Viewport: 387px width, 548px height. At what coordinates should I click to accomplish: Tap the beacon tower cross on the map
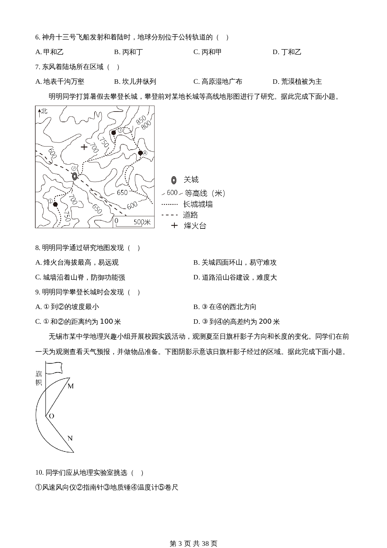tap(84, 147)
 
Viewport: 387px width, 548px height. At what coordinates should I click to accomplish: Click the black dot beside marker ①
tap(55, 204)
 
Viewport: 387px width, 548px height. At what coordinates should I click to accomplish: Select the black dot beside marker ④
tap(140, 153)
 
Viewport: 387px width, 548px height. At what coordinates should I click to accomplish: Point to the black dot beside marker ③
tap(114, 133)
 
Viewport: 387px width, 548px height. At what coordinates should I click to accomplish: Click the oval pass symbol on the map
tap(75, 177)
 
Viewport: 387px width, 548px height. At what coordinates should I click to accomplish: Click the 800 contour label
tap(146, 125)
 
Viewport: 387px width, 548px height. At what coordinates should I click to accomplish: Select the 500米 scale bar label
tap(142, 222)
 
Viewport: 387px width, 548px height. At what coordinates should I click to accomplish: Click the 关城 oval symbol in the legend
tap(174, 180)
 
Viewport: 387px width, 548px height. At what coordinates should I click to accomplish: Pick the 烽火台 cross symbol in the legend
tap(174, 225)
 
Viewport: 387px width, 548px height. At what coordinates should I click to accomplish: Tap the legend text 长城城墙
tap(198, 204)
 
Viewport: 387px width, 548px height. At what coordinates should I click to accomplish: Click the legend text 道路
tap(190, 215)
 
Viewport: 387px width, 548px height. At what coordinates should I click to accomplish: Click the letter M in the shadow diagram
tap(71, 386)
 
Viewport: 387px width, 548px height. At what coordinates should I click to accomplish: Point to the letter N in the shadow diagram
tap(70, 438)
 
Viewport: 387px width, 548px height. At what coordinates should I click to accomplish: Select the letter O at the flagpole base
tap(51, 416)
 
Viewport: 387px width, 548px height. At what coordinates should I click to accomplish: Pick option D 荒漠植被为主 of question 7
tap(297, 82)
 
